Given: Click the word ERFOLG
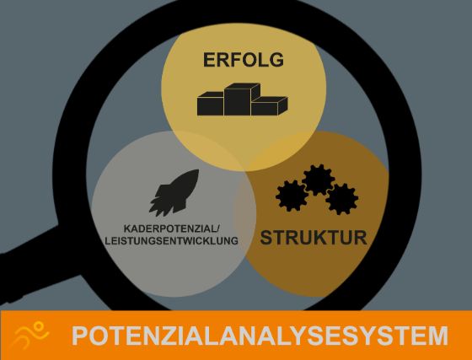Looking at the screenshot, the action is pos(244,60).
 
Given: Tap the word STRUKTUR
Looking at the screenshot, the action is pos(314,238).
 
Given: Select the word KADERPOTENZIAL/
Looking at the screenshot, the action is pos(172,228).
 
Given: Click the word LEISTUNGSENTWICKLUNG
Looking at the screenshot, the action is pos(172,241).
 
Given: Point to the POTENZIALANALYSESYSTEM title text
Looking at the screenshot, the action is pos(260,336).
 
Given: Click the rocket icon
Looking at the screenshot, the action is pos(174,192).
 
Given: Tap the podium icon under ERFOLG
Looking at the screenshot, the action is pos(243,99).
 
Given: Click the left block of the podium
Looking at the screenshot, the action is pos(211,104).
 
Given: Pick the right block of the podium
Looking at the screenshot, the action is pos(269,106).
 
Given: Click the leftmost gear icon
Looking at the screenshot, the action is pos(292,196).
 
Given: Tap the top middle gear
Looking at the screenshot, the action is pos(319,180).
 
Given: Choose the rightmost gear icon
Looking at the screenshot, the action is pos(342,199).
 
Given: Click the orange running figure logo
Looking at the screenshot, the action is pos(30,335).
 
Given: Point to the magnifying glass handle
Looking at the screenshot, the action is pos(33,262).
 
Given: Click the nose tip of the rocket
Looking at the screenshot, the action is pos(198,169).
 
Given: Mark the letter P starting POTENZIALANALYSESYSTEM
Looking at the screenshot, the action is pos(80,336).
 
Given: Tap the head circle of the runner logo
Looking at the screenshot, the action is pos(39,326).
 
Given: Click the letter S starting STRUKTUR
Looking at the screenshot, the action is pos(266,238).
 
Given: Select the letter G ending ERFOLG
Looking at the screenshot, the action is pos(276,60).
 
